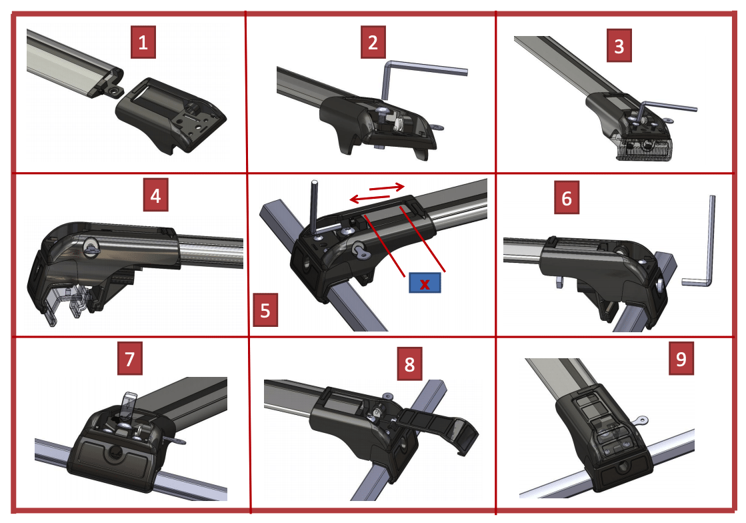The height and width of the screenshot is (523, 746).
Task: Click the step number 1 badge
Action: (143, 43)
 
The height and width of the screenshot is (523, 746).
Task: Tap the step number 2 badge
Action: (373, 43)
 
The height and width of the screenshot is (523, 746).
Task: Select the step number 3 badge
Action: (619, 46)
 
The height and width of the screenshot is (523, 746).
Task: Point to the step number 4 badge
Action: (155, 195)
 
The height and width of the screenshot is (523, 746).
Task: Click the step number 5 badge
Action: (265, 310)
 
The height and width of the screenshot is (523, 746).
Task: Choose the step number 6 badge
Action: (567, 197)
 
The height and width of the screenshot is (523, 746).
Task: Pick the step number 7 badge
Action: (130, 358)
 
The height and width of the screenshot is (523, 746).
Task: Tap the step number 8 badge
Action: (409, 364)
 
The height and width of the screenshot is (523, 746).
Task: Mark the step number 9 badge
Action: (681, 358)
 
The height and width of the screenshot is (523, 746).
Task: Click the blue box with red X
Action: (425, 284)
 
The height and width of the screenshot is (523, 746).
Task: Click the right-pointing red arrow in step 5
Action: (387, 187)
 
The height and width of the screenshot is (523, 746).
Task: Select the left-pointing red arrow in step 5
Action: (369, 197)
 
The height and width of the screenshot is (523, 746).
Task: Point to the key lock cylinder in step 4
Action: (91, 245)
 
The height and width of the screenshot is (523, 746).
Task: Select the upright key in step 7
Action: (127, 405)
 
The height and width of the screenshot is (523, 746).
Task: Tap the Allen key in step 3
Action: (666, 107)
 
